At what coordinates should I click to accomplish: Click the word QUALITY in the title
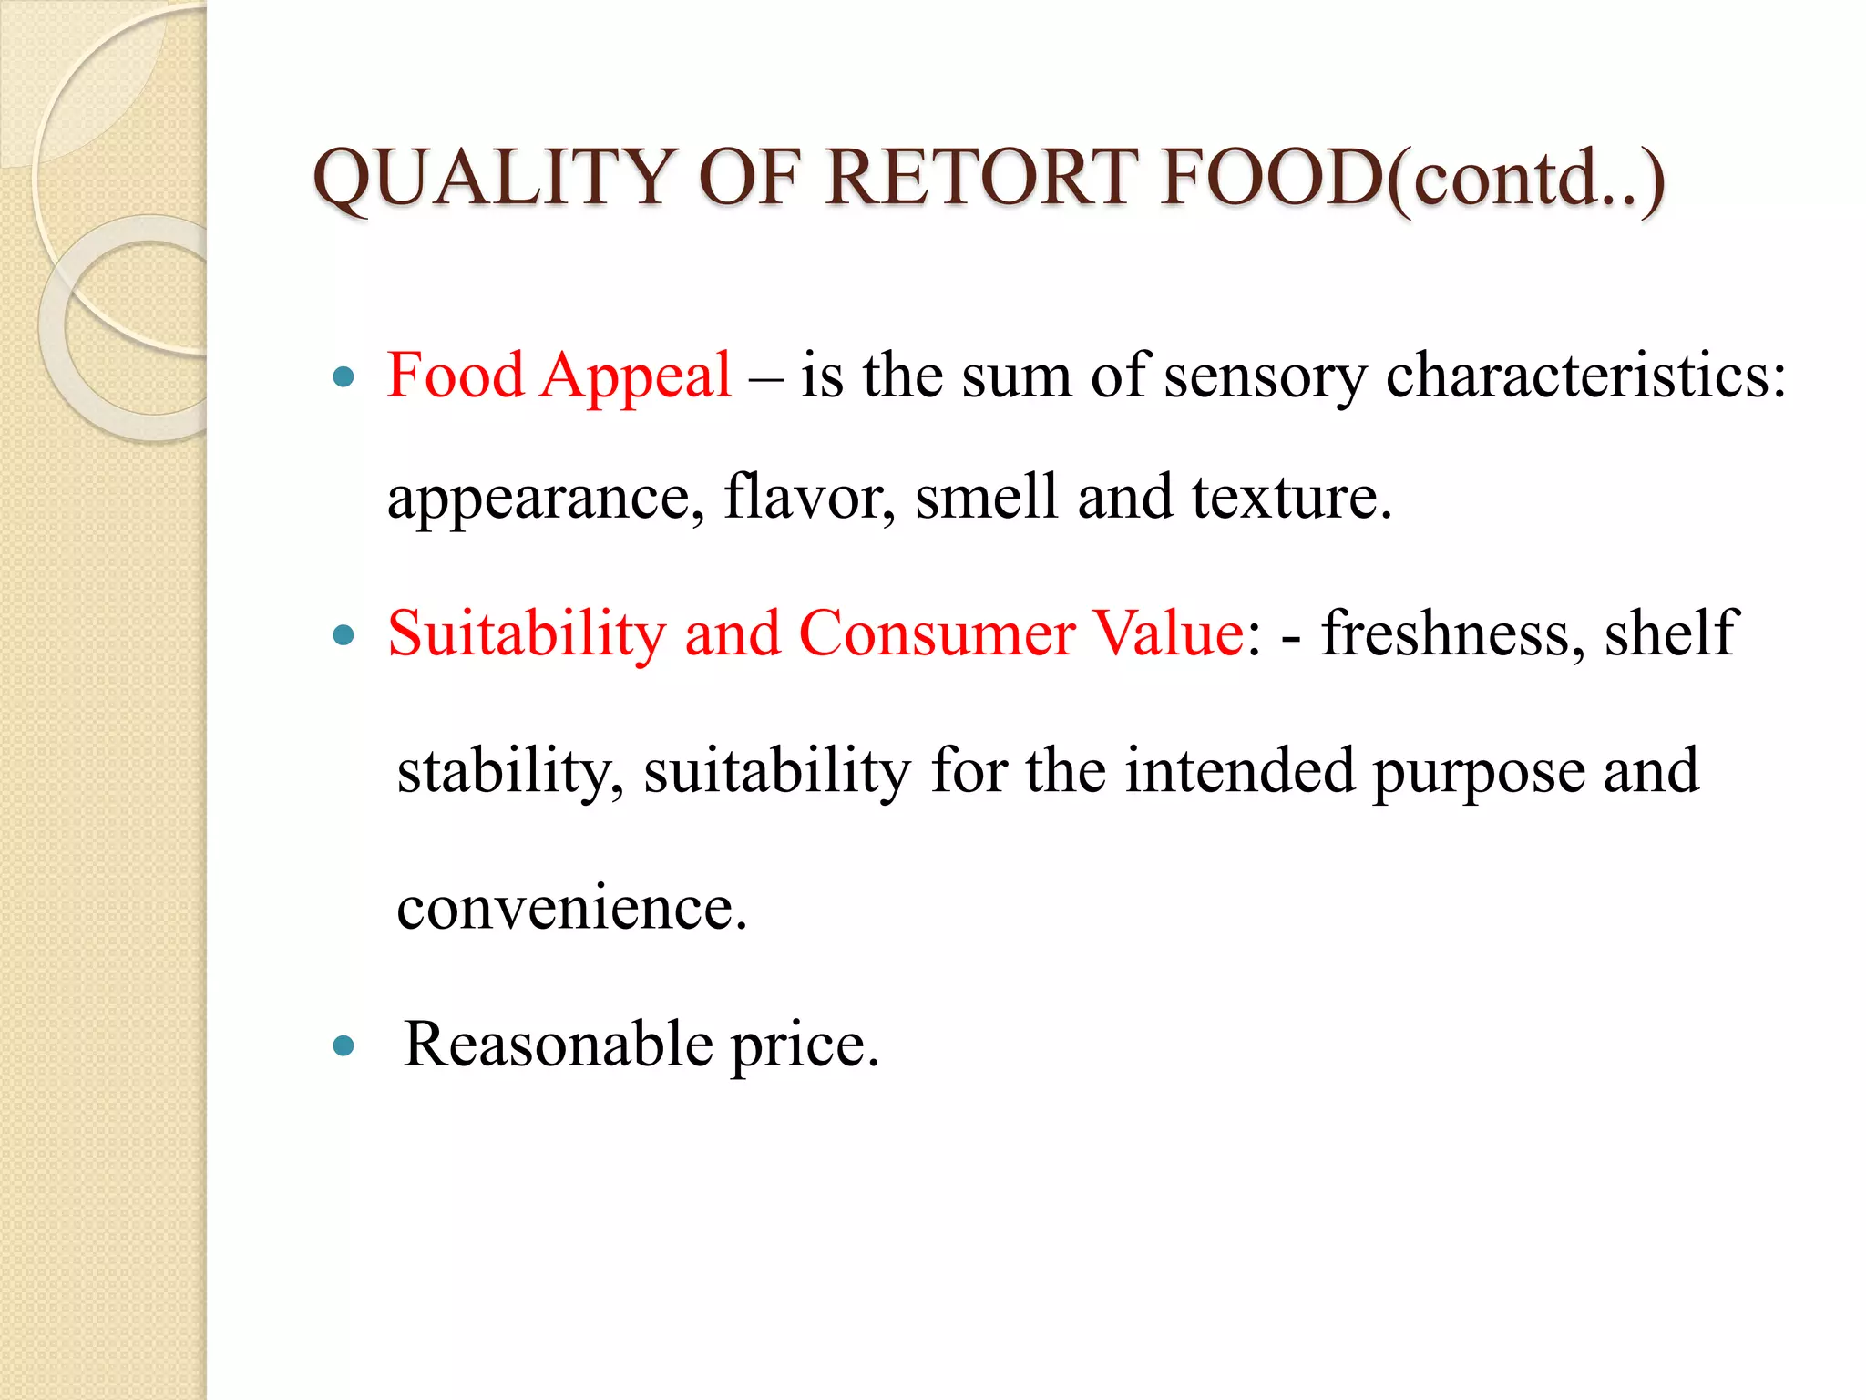(x=492, y=178)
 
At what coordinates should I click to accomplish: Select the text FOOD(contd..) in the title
(x=1412, y=180)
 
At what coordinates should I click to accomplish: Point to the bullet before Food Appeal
(x=343, y=376)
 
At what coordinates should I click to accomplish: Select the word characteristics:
(x=1585, y=376)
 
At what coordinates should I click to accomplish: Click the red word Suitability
(x=527, y=633)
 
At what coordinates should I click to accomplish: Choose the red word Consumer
(x=937, y=633)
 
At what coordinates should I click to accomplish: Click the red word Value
(x=1168, y=633)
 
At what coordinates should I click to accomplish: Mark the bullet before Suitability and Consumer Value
(x=343, y=635)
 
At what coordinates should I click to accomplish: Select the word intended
(x=1239, y=771)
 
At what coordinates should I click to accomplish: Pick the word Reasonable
(x=559, y=1045)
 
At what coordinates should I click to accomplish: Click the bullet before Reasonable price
(x=343, y=1045)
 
